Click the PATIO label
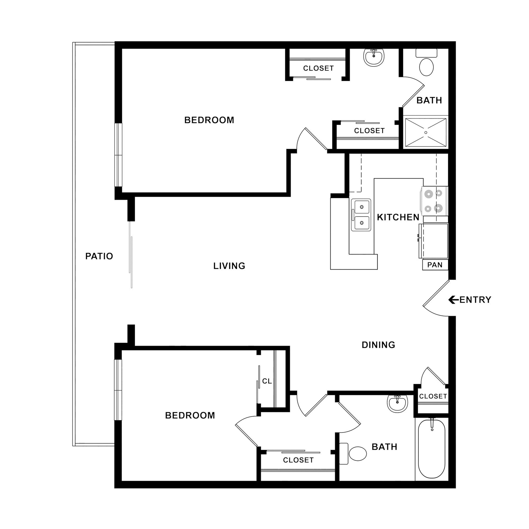99,256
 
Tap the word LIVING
229,266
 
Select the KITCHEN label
398,217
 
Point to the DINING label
378,345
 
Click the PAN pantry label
435,265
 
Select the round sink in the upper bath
374,57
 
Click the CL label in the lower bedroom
267,381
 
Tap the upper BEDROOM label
209,120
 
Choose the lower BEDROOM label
190,416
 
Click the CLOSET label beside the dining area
433,396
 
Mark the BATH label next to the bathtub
384,447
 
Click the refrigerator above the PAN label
433,241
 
